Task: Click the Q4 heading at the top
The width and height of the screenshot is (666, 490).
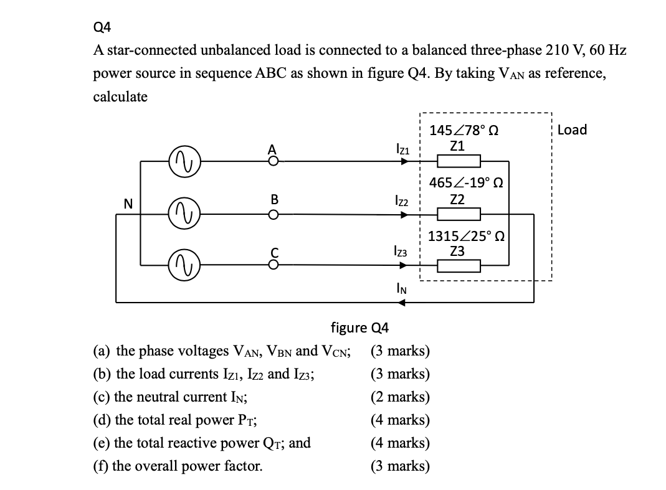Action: [x=100, y=27]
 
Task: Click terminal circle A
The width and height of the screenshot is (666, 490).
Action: [x=271, y=161]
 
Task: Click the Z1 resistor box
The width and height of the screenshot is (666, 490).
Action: [x=458, y=162]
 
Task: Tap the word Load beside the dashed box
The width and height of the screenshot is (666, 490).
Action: [x=572, y=130]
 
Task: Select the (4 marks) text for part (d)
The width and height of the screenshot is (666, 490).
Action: [x=399, y=420]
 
